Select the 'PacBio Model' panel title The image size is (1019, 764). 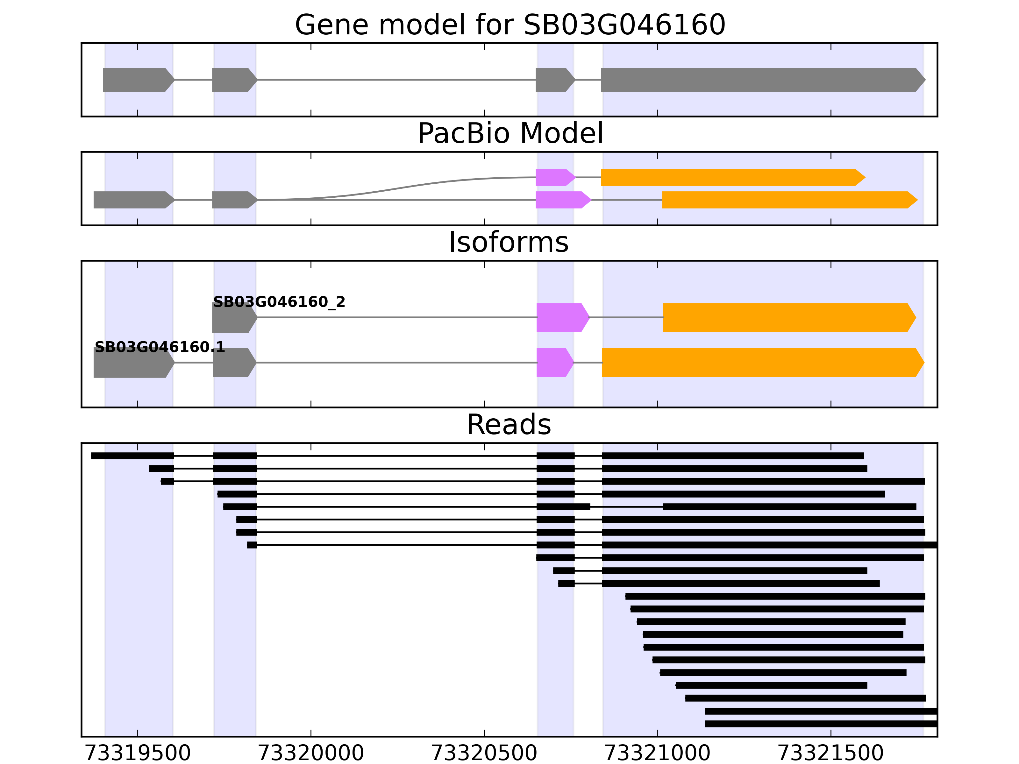(509, 134)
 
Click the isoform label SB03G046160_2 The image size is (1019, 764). (279, 302)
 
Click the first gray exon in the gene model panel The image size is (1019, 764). (137, 80)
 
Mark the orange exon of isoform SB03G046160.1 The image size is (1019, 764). (760, 363)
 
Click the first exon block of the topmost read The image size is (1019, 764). (133, 456)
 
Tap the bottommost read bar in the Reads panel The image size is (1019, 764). (820, 724)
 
